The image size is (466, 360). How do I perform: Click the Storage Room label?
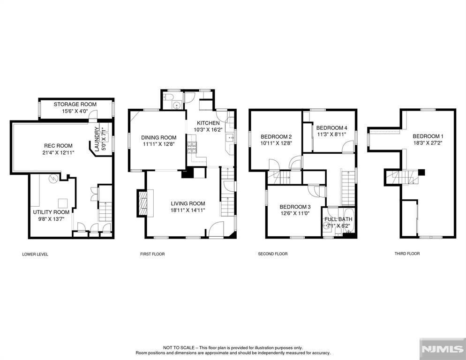tap(75, 105)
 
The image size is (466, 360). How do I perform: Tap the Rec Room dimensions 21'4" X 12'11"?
tap(58, 153)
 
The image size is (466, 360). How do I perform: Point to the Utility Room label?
tap(51, 212)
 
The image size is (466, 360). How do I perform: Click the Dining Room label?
tap(159, 138)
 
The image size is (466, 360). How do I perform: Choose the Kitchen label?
tap(208, 123)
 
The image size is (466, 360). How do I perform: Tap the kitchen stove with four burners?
tap(192, 148)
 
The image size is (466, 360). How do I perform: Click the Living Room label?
tap(188, 203)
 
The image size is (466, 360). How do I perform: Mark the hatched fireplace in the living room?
tap(143, 203)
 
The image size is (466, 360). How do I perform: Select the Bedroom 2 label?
tap(276, 137)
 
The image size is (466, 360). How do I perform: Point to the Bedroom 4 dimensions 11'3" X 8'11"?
tap(331, 135)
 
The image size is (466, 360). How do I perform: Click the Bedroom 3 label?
tap(295, 207)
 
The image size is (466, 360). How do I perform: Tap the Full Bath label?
tap(338, 219)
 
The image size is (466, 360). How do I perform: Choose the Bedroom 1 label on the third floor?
tap(428, 136)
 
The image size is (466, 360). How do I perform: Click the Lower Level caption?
tap(35, 255)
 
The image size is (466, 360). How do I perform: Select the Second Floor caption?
tap(273, 254)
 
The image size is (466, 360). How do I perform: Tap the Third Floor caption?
tap(407, 254)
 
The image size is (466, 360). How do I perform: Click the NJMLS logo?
tap(443, 349)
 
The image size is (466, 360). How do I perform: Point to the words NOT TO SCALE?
tap(179, 347)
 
